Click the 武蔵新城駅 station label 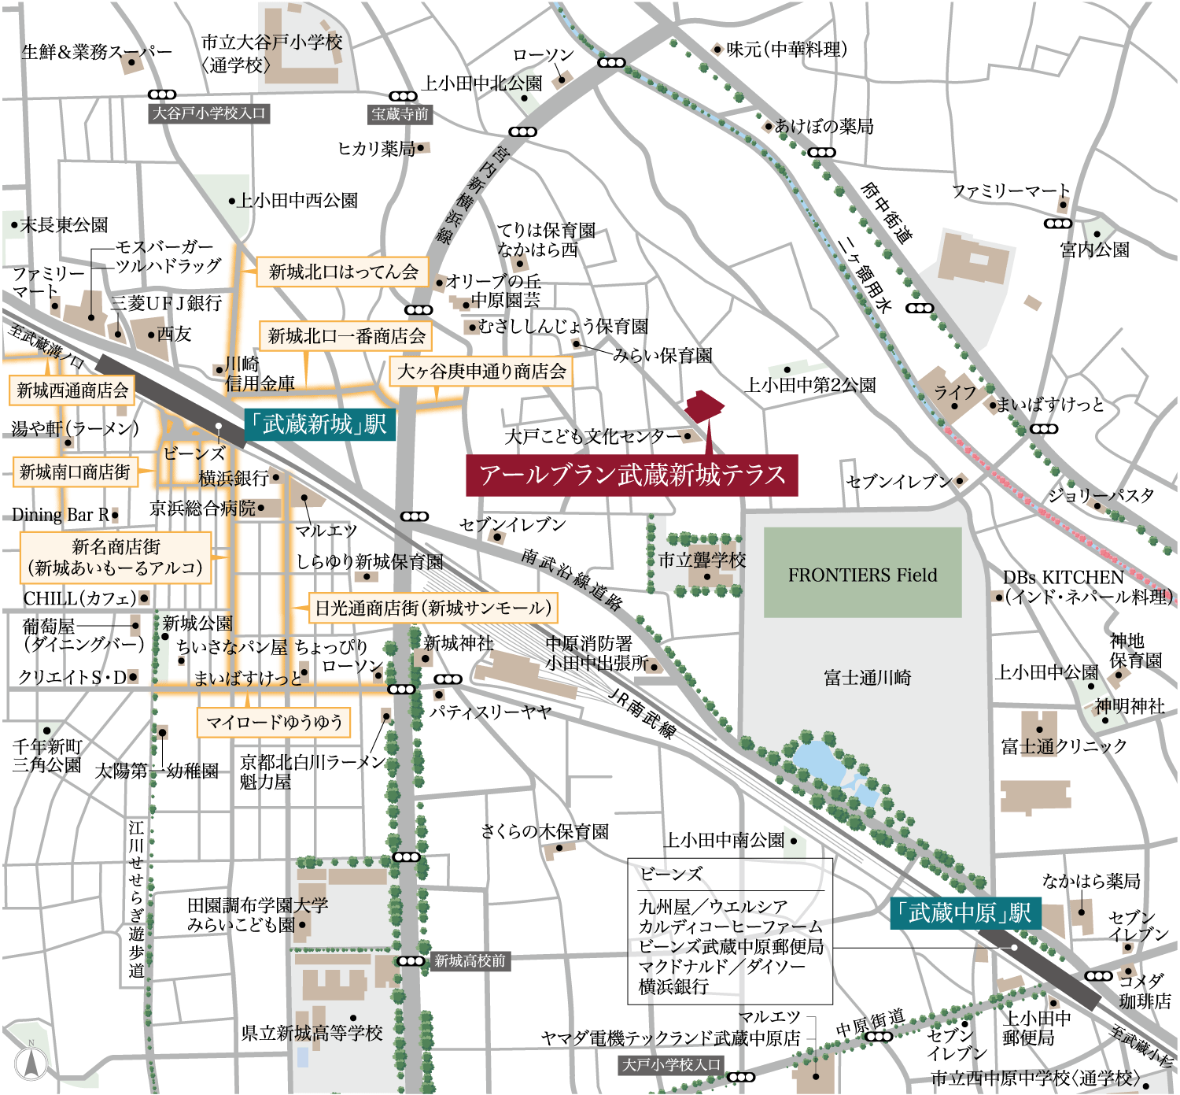[x=319, y=425]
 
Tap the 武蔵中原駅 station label [x=964, y=913]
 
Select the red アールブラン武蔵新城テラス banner [x=632, y=475]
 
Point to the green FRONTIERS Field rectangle [x=862, y=572]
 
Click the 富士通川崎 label [x=867, y=678]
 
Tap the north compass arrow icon [x=31, y=1062]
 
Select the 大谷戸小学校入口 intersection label [x=209, y=113]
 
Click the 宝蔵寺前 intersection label [x=400, y=114]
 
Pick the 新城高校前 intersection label [x=470, y=960]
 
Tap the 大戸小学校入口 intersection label [x=671, y=1064]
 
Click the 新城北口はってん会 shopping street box [x=343, y=272]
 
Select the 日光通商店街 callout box [x=433, y=608]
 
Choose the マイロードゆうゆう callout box [x=274, y=722]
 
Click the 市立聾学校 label [x=702, y=560]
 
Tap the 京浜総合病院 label [x=203, y=509]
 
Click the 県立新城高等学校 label [x=312, y=1033]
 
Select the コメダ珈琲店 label [x=1145, y=991]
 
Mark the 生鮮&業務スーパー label [x=96, y=52]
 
